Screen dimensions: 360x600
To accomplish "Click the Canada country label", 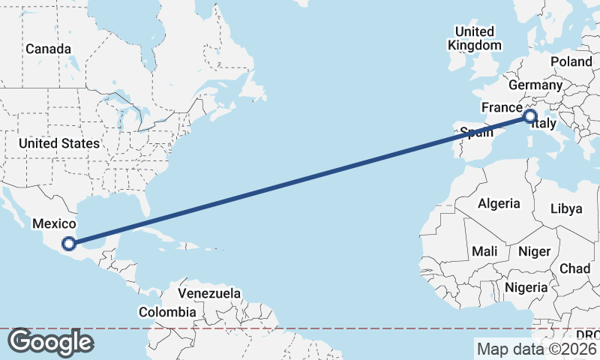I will [48, 49].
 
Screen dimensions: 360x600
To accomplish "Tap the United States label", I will [59, 143].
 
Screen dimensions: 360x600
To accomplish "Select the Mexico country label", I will [53, 223].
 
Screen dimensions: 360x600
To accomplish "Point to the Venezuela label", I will [209, 292].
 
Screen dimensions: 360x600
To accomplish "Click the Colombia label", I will [167, 312].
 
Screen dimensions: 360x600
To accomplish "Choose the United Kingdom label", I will [474, 38].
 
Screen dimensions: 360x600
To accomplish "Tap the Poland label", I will [571, 61].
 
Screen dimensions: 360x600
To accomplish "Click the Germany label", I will [535, 85].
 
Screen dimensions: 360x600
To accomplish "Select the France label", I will [502, 107].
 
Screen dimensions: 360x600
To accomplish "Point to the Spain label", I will [476, 133].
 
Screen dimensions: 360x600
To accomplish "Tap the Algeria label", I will [499, 203].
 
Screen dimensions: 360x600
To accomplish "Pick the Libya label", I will [566, 208].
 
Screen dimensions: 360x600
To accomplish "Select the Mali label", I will [484, 251].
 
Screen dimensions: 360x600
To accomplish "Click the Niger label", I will [534, 251].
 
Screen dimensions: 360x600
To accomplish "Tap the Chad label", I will [574, 268].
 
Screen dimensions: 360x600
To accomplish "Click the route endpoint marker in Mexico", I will [68, 243].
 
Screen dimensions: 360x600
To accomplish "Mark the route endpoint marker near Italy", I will [530, 116].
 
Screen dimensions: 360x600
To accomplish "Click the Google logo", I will [50, 342].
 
